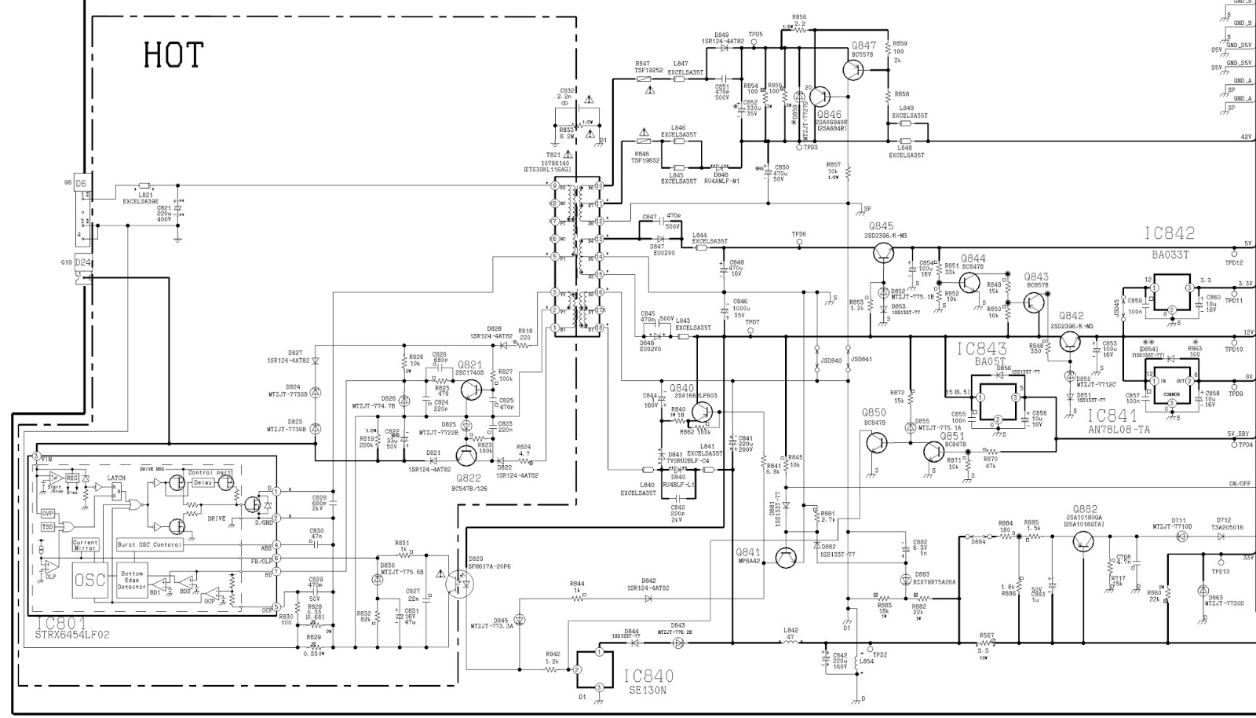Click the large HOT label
(x=173, y=55)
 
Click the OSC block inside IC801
(x=90, y=580)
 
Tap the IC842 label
(x=1169, y=233)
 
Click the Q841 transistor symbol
(x=787, y=557)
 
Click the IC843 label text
(x=981, y=348)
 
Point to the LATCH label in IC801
(x=116, y=478)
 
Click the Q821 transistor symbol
(x=473, y=388)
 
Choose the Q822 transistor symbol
(x=467, y=455)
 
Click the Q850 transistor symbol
(x=877, y=442)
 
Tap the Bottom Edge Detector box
(x=131, y=581)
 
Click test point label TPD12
(x=1234, y=262)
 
